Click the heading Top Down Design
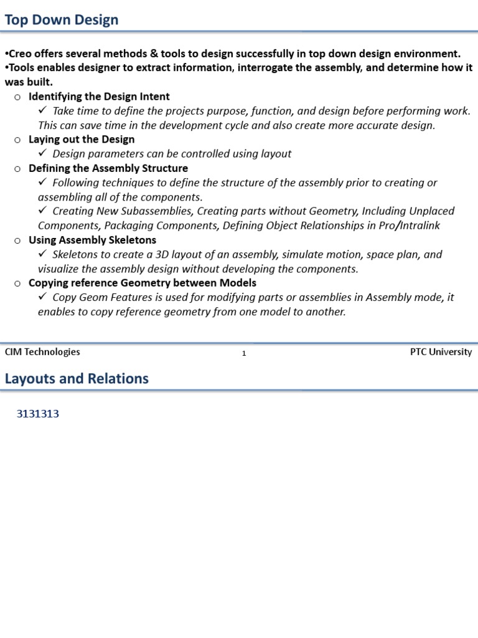coord(61,20)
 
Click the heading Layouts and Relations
coord(77,379)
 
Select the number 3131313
coord(37,414)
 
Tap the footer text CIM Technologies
coord(42,352)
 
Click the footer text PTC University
coord(441,352)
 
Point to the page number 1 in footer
coord(244,353)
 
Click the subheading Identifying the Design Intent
coord(99,97)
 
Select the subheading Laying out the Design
coord(82,140)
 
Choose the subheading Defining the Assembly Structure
coord(108,168)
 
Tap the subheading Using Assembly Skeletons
coord(92,240)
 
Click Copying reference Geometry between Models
coord(143,283)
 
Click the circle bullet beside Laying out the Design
coord(17,140)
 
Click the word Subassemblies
coord(155,211)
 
